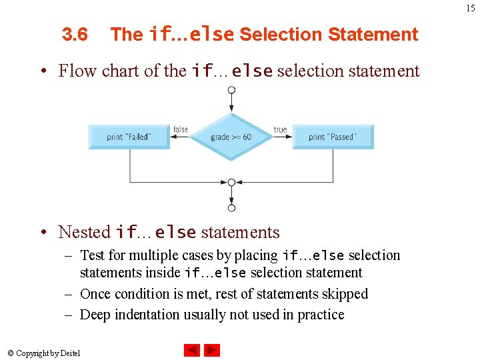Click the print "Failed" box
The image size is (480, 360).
point(129,137)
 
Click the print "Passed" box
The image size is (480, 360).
point(333,137)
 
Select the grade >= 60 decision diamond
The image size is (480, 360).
point(231,137)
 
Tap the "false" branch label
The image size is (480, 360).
point(181,129)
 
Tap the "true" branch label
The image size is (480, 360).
point(281,129)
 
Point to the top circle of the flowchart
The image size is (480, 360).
point(231,90)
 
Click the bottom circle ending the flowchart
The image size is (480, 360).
point(231,208)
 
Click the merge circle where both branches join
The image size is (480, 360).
point(231,182)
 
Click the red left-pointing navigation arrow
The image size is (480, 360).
point(191,350)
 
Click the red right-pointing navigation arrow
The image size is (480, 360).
point(212,350)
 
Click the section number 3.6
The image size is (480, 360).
point(75,35)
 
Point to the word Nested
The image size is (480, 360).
point(84,232)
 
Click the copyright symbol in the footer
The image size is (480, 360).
point(12,353)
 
